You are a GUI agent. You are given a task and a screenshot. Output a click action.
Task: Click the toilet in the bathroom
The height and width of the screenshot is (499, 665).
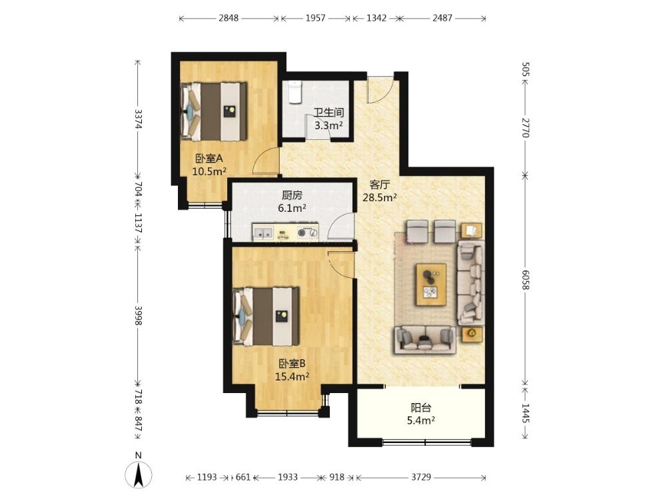(295, 92)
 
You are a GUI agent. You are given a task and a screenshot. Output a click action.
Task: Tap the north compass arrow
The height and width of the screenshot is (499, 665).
(138, 474)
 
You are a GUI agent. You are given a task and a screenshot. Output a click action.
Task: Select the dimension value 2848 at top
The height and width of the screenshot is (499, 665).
(229, 18)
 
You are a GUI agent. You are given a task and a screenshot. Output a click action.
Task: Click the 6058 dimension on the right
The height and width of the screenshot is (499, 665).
(526, 280)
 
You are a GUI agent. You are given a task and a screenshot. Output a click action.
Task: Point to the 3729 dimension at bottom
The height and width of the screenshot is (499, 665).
(420, 478)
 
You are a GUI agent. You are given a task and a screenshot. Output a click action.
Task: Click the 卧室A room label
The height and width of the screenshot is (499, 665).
(209, 159)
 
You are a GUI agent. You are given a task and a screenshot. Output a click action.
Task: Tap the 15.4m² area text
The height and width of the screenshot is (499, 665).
(292, 376)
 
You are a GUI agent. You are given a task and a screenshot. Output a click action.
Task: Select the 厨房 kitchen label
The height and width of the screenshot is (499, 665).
(293, 195)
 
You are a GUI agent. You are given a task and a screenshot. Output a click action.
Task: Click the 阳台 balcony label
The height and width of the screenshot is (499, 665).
(421, 408)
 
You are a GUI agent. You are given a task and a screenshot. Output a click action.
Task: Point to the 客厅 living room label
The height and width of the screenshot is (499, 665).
(380, 185)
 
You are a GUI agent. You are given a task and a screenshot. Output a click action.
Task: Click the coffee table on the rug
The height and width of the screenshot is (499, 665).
(431, 284)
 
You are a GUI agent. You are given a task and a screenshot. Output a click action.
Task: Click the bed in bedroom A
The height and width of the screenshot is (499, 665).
(214, 111)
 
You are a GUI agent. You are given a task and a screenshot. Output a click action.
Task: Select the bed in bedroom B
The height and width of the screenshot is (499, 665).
(267, 316)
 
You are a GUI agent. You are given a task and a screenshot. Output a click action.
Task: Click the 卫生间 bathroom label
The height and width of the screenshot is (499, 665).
(329, 113)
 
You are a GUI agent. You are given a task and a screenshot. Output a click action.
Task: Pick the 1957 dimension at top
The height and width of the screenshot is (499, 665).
(315, 18)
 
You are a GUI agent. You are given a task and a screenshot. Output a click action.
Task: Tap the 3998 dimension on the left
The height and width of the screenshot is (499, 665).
(138, 316)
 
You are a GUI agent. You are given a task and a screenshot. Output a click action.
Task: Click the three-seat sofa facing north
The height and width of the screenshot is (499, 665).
(425, 340)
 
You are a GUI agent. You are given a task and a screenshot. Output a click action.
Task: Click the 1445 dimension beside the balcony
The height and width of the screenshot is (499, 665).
(526, 413)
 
